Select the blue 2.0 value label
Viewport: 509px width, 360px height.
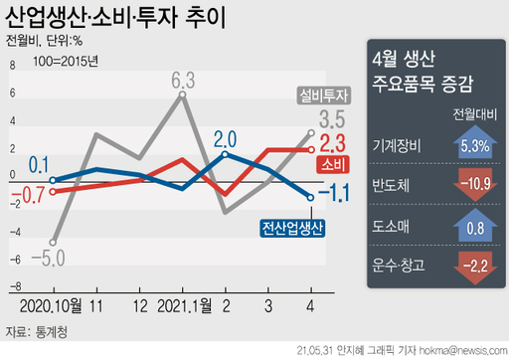pos(225,138)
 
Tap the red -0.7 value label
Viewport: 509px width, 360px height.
pos(30,194)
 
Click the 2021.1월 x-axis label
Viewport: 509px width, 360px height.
pos(182,302)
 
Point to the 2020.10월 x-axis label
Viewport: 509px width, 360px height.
pos(50,302)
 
